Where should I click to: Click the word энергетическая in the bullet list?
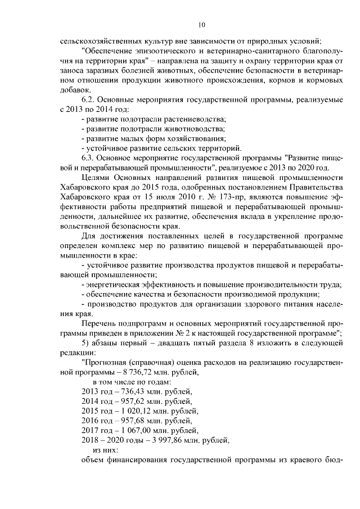click(115, 285)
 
